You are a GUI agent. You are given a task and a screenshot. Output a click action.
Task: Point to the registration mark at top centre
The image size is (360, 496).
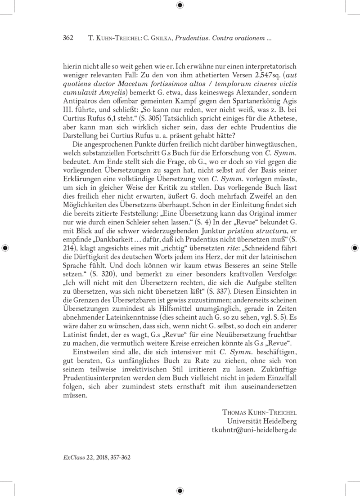point(180,5)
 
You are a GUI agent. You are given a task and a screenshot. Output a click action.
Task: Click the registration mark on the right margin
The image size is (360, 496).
point(355,248)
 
